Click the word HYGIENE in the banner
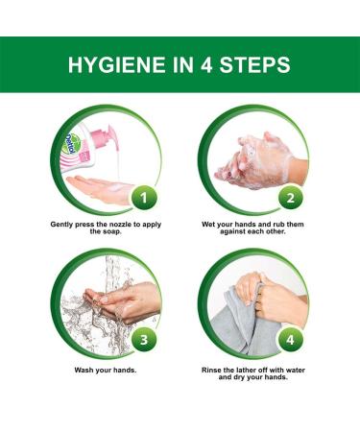tap(116, 64)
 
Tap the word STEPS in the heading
tap(254, 64)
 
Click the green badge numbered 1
tap(144, 199)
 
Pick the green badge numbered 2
tap(290, 199)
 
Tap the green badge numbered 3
tap(144, 340)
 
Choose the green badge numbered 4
tap(290, 340)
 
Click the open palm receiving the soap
tap(101, 190)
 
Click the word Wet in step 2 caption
tap(208, 225)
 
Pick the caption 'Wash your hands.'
tap(106, 370)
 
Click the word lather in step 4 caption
tap(247, 370)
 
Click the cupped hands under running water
tap(123, 301)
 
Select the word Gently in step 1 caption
tap(61, 225)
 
